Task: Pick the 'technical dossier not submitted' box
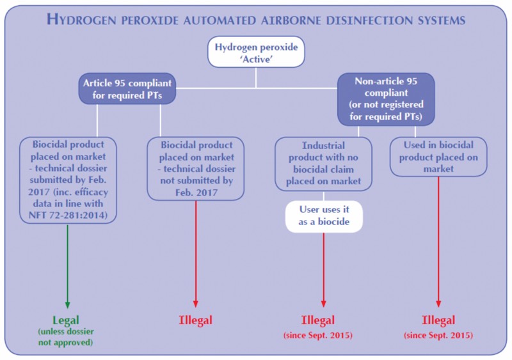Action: click(x=195, y=162)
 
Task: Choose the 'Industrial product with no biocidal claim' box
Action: click(x=323, y=162)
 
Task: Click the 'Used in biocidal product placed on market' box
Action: click(x=438, y=157)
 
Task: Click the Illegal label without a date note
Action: click(x=195, y=320)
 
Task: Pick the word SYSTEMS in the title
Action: click(x=444, y=20)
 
